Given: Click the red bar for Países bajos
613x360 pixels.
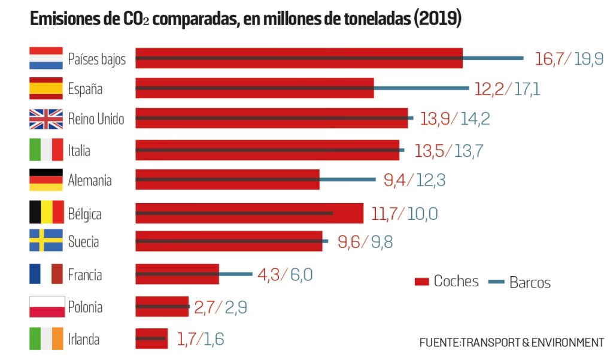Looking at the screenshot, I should (299, 58).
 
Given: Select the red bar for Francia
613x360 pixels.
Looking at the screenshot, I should (177, 274).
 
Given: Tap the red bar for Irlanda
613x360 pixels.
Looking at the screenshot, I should (151, 338).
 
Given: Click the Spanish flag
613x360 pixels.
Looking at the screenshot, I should (46, 89).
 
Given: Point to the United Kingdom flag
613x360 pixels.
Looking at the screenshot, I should (46, 119).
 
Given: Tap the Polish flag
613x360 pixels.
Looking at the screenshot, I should (46, 307).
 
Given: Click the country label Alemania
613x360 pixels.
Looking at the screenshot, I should (90, 180).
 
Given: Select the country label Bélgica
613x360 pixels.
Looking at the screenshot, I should (85, 213).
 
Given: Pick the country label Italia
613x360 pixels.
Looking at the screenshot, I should (79, 150).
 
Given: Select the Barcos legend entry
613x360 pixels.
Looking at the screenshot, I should (521, 282).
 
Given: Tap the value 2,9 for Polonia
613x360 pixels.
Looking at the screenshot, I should (236, 308).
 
